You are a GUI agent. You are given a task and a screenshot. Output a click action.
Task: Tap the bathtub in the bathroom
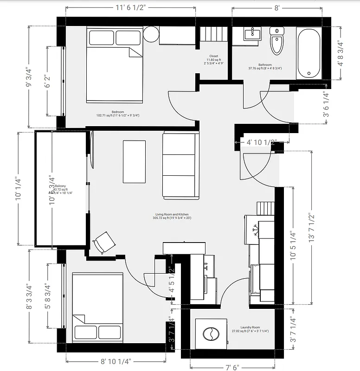coord(309,53)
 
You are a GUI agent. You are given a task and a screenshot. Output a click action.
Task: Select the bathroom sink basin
coord(252,34)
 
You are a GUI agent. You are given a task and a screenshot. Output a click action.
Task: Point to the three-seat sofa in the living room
coord(180,166)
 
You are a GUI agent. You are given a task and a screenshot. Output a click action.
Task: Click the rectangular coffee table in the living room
coord(134,161)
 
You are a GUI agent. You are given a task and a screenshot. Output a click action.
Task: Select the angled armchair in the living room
coord(104,242)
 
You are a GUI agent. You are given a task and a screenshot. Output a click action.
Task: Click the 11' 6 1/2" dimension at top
coord(131,7)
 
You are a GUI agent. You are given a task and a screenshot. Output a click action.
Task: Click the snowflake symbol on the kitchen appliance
coord(254,230)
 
